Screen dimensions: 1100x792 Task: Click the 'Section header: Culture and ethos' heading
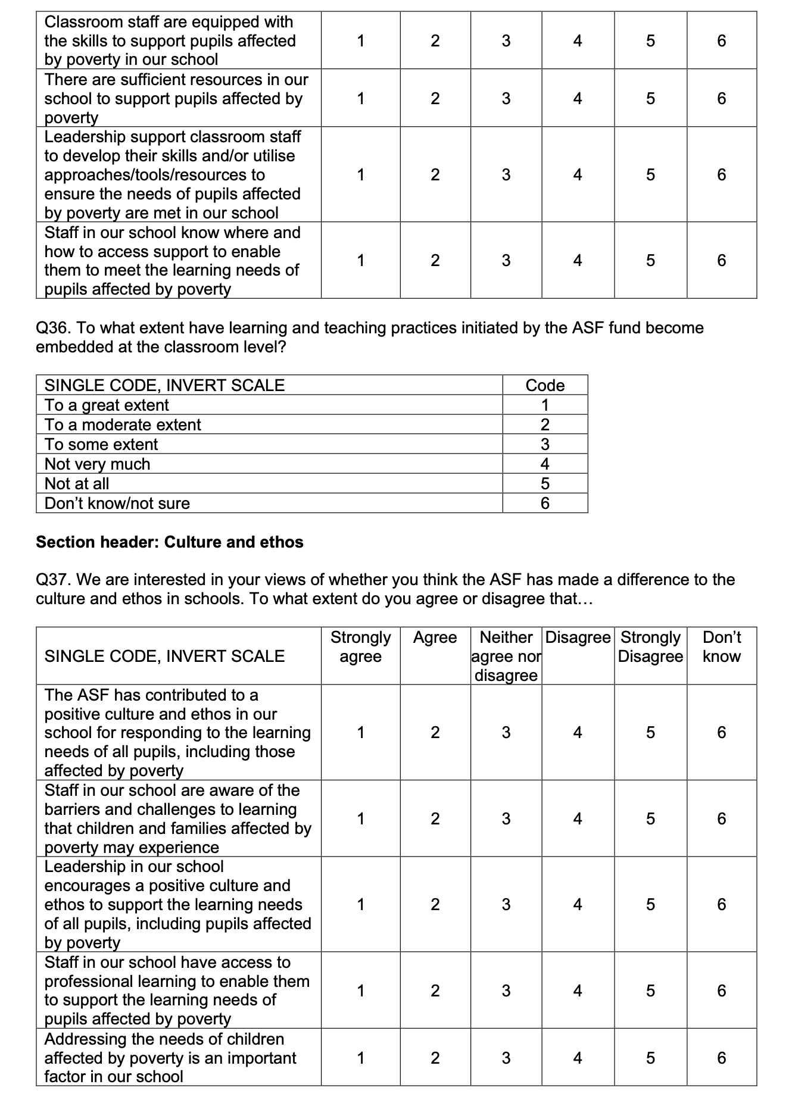point(170,542)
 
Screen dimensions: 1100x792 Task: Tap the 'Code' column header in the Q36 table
point(545,385)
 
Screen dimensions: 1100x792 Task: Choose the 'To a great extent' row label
point(107,405)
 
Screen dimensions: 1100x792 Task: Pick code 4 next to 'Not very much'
point(545,464)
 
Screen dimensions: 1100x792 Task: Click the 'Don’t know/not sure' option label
point(117,504)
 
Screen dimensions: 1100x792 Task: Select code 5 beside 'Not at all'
point(545,484)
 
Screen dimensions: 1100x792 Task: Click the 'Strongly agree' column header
point(360,647)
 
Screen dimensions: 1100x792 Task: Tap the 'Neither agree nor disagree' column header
point(506,656)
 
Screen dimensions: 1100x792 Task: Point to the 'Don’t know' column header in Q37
point(721,647)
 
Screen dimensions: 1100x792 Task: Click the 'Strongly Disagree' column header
point(650,647)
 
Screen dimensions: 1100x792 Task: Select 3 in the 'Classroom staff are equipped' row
point(506,41)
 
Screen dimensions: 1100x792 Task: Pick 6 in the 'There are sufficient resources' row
point(721,98)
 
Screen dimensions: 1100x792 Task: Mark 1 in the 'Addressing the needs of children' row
point(360,1058)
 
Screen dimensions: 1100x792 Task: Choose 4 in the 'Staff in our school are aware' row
point(578,819)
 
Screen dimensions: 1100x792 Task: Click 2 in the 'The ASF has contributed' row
point(435,733)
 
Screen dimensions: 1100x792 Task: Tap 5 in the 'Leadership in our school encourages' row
point(650,905)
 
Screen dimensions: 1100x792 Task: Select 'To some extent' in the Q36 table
point(101,445)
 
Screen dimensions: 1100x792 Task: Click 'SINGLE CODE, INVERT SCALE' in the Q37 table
point(164,656)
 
